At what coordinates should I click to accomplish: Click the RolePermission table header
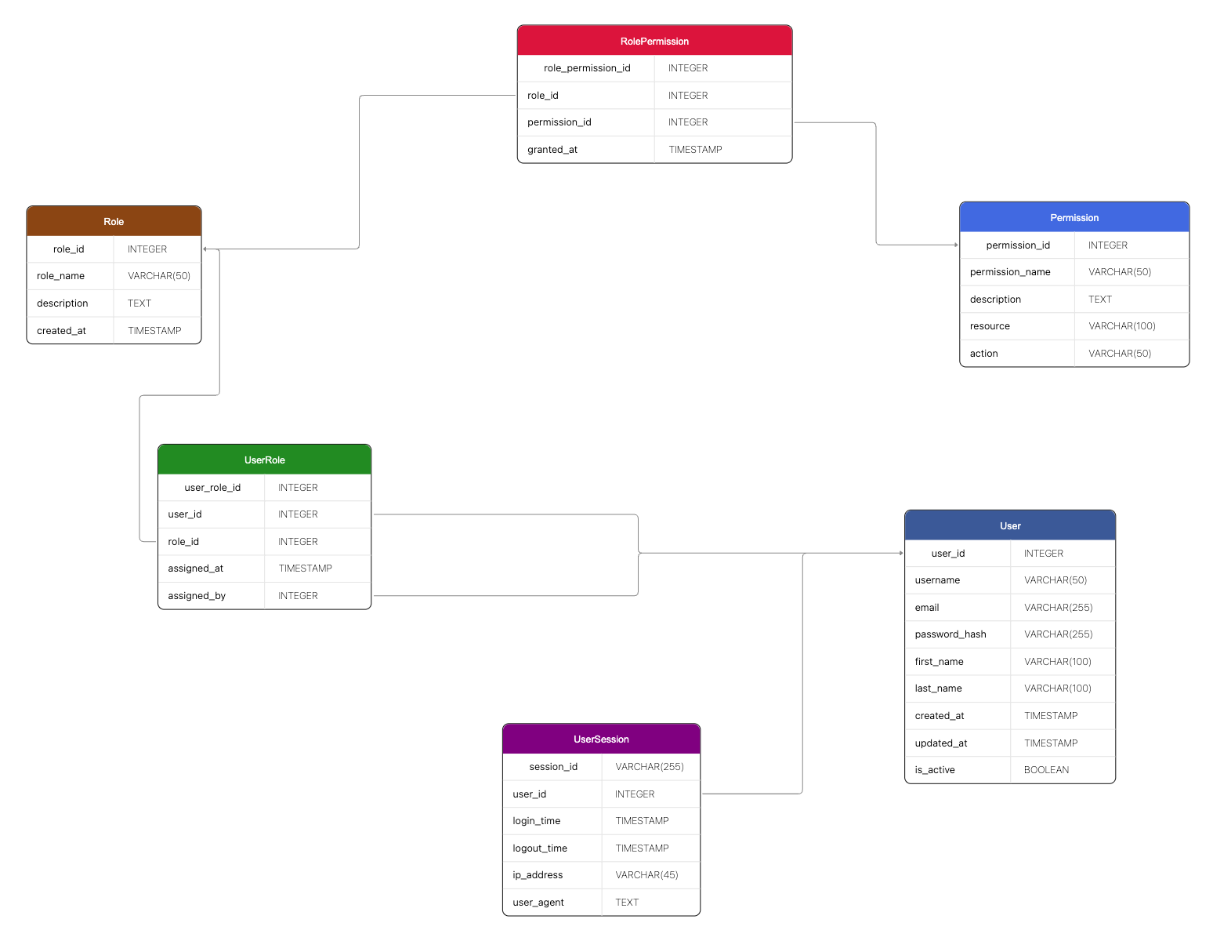654,41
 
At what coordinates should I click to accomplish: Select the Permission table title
1074,217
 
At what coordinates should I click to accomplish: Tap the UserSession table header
601,739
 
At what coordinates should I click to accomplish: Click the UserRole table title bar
264,460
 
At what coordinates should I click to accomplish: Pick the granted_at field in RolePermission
552,150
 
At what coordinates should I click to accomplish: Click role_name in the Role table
60,276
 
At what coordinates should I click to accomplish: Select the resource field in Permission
990,326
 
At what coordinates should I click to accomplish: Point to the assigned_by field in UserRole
197,596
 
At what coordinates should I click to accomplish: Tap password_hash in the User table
950,634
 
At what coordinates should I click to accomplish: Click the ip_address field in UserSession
538,875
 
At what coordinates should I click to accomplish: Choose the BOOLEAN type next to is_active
1046,770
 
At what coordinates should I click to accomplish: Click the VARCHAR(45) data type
646,875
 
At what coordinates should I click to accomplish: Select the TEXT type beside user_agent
627,903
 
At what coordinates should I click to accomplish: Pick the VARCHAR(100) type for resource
1121,326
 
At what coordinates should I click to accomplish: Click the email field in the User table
927,608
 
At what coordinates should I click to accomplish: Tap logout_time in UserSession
540,848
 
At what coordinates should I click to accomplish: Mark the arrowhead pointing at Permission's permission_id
956,245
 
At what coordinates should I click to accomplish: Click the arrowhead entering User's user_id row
901,554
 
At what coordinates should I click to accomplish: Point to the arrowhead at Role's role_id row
205,249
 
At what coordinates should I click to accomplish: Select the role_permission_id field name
587,68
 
